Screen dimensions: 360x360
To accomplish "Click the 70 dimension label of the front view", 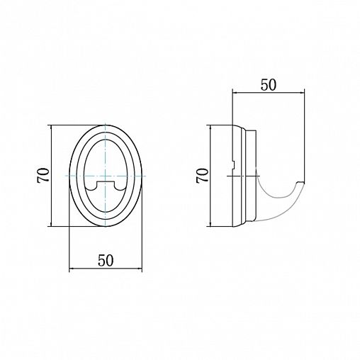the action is [43, 176].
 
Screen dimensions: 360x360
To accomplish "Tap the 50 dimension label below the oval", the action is [106, 261].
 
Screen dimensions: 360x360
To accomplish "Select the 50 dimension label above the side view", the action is [268, 85].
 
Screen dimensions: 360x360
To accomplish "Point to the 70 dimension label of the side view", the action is [203, 176].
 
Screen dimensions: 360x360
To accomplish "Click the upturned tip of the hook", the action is [301, 182].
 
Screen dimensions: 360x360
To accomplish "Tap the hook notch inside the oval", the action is [106, 185].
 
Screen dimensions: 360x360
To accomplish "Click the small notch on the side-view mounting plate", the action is [232, 165].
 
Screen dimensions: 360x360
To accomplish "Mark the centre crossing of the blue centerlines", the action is [106, 176].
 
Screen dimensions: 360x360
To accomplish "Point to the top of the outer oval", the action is [106, 125].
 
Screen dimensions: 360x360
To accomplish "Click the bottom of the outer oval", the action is [106, 226].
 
